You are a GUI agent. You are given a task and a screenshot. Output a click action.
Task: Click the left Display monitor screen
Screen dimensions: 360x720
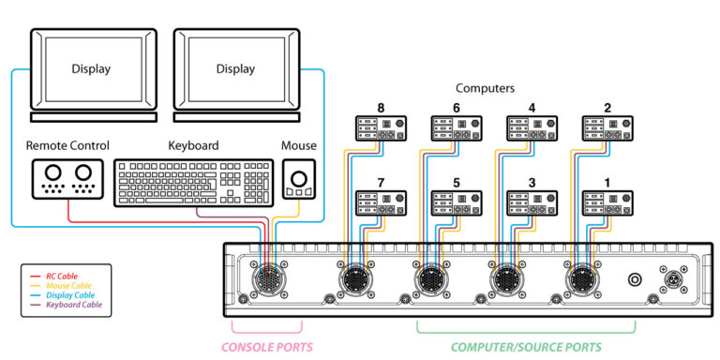(91, 68)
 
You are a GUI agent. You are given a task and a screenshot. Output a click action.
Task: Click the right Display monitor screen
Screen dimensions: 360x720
(235, 68)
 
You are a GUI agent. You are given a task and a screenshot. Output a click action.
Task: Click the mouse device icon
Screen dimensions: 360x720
(299, 179)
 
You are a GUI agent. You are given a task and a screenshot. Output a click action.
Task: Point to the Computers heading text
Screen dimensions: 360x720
(485, 88)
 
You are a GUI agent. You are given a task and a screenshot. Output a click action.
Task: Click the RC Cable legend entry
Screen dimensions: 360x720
(64, 275)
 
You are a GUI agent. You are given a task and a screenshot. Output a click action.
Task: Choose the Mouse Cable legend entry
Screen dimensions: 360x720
(68, 285)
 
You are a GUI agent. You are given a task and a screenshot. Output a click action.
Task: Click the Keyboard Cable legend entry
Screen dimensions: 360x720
(73, 306)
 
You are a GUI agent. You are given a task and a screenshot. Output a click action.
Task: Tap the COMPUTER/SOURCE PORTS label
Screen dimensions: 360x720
(525, 347)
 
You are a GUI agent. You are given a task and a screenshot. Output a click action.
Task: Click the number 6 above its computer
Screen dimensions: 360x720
(457, 108)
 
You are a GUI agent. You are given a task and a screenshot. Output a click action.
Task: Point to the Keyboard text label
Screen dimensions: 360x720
(193, 146)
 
